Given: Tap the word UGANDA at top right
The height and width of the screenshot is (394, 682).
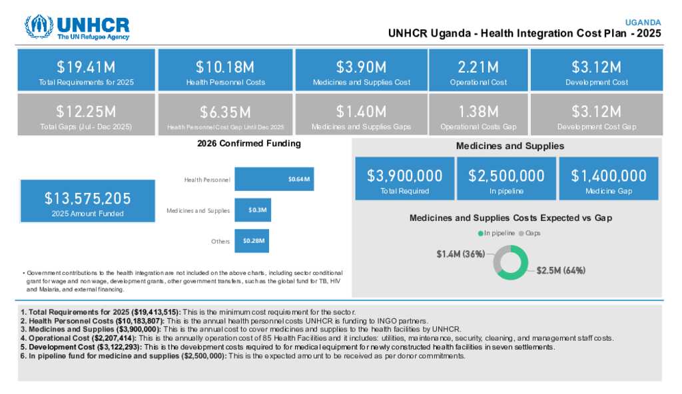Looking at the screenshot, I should [643, 22].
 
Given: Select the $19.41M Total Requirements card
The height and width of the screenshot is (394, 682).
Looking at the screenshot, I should [86, 70].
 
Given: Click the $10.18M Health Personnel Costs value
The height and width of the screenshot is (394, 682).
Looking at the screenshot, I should [225, 67].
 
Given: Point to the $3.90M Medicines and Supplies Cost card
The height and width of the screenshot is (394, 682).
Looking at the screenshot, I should [361, 70].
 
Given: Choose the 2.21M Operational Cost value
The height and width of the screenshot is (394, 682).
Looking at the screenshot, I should [478, 67].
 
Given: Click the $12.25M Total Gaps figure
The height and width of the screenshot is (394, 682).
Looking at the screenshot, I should [86, 111].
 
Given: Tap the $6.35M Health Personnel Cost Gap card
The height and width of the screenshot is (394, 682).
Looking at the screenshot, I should [225, 114].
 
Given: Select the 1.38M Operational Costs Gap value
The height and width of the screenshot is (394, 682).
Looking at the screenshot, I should [478, 111].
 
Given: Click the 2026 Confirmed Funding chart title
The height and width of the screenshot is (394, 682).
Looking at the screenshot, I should [249, 143].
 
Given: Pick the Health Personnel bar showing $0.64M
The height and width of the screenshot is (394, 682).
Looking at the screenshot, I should [274, 179].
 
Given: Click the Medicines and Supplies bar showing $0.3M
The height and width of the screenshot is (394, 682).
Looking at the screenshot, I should [252, 210].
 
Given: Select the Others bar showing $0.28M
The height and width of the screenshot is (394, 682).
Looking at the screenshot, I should [252, 241].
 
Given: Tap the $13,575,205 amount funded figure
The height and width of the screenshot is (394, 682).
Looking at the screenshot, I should [88, 198].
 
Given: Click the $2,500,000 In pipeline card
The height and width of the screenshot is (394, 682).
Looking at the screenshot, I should [506, 178].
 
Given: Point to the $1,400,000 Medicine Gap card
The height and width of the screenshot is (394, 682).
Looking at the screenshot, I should [609, 178].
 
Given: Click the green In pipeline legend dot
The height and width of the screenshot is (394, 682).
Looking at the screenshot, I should [480, 234].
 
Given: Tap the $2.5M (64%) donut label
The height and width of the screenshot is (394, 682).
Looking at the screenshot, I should [561, 271].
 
